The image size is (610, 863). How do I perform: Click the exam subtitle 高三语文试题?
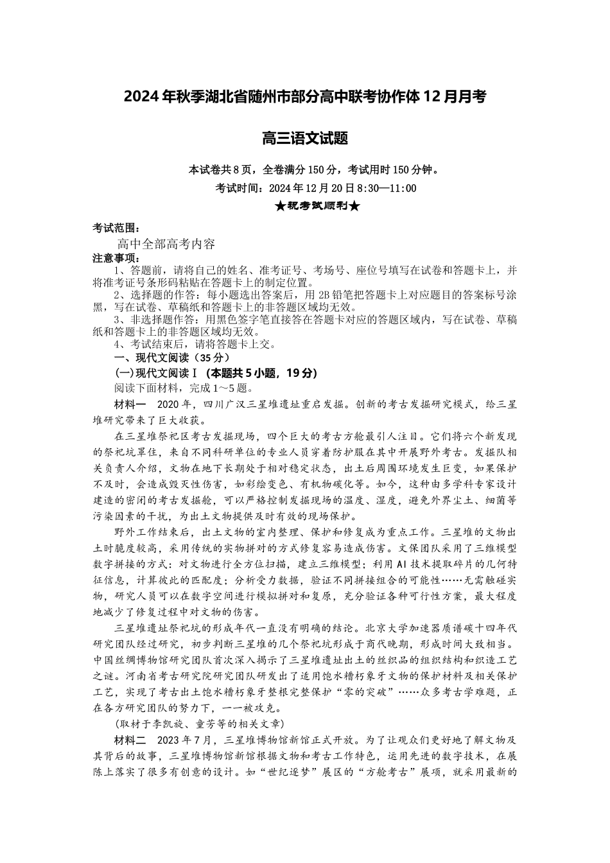click(x=305, y=137)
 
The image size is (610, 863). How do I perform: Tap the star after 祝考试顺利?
click(x=355, y=206)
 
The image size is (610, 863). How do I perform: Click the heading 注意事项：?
click(x=115, y=258)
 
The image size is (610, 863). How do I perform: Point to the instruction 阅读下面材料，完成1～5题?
click(x=184, y=388)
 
